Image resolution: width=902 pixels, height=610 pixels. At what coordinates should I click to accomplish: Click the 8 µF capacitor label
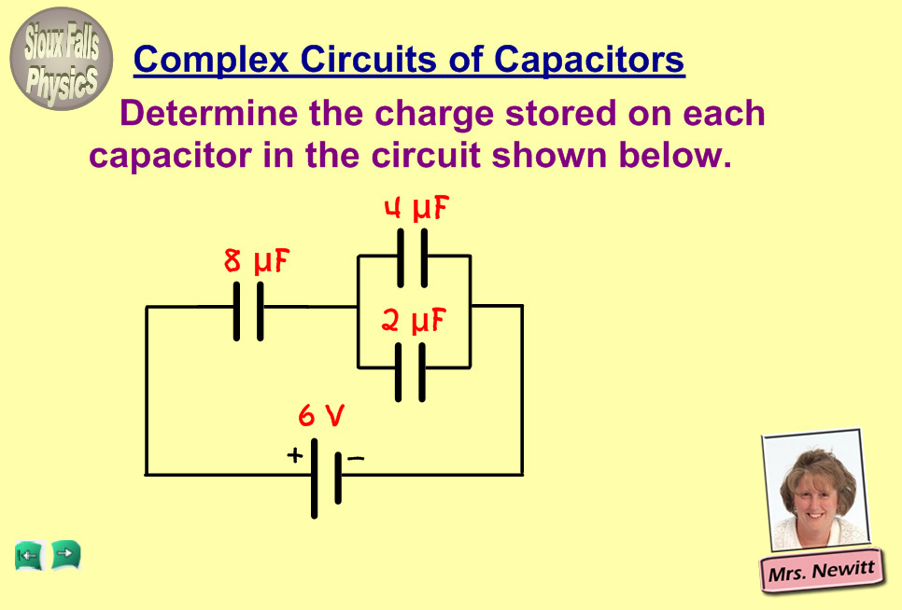point(257,262)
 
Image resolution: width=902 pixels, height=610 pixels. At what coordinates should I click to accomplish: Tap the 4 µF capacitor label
point(416,209)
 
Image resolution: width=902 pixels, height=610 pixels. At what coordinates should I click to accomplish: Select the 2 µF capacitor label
point(413,322)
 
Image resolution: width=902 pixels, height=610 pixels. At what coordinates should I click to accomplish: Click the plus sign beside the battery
point(294,456)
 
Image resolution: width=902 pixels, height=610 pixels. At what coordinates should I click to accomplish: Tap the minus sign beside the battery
point(355,458)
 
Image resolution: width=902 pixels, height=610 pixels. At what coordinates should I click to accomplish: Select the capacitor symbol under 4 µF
point(412,256)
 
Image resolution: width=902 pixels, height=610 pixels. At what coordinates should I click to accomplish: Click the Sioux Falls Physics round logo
point(62,59)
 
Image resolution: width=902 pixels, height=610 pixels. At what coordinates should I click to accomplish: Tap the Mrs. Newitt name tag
point(822,570)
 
